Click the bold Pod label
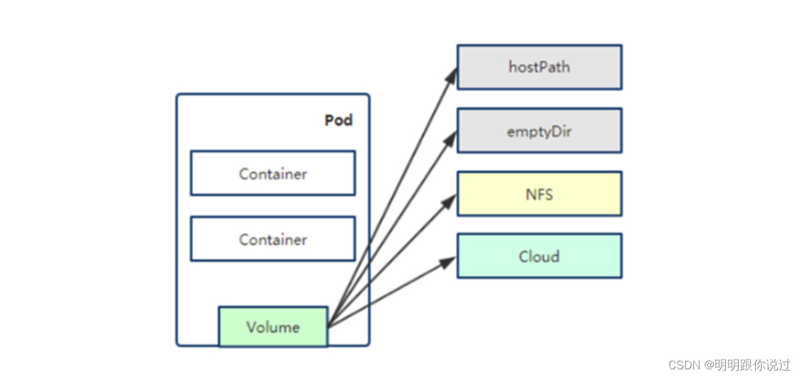point(338,120)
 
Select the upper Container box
point(273,173)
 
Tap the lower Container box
point(273,239)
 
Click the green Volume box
point(273,327)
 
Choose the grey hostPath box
point(539,67)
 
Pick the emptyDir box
point(539,131)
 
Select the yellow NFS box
point(539,194)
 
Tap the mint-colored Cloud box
point(539,256)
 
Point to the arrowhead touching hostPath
point(451,76)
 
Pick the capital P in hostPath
point(538,67)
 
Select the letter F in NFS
point(540,194)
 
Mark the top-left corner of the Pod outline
point(178,95)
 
